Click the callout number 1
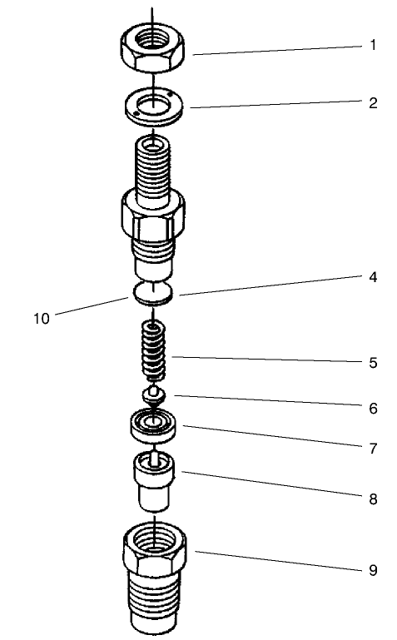point(374,45)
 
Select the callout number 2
point(374,104)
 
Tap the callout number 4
point(374,278)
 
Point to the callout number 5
point(374,363)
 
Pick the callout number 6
point(374,409)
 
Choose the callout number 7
point(374,449)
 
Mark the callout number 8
point(374,499)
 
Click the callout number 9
point(374,570)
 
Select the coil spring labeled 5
point(154,350)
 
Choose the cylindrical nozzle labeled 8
point(154,482)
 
